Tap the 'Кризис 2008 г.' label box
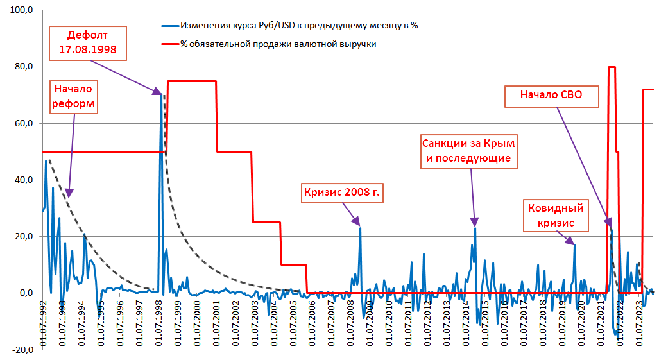(x=342, y=193)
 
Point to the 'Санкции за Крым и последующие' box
(x=468, y=150)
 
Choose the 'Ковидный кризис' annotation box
(x=555, y=216)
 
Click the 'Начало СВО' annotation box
(x=551, y=96)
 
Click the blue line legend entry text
(x=299, y=26)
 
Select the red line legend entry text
(x=278, y=44)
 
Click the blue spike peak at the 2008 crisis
(x=360, y=228)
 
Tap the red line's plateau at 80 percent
(x=612, y=67)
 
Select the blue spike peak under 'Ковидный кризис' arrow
(x=574, y=244)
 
